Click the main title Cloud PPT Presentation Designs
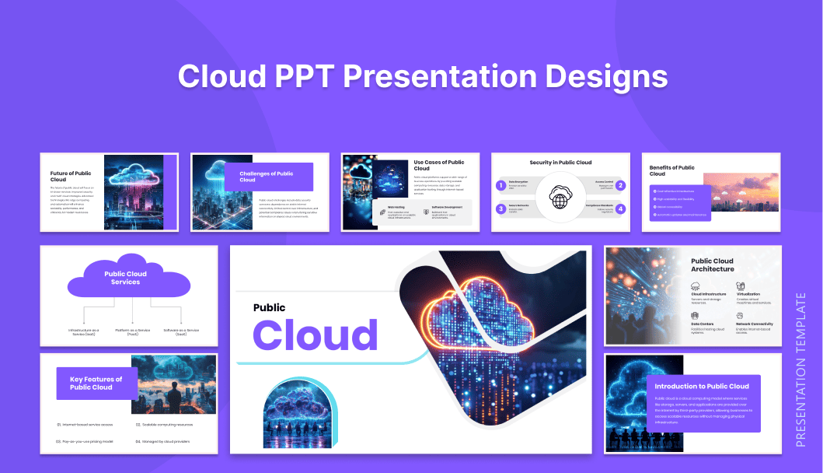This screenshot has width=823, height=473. pos(422,77)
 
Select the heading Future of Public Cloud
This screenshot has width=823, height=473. pos(71,177)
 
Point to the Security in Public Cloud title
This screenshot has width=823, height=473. pos(560,163)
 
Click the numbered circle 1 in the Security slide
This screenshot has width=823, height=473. pos(501,186)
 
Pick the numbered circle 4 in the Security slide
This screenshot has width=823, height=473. pos(620,208)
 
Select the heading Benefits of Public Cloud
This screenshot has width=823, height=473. pos(672,170)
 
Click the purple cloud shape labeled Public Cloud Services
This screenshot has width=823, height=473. pos(126,278)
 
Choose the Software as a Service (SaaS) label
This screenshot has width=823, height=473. pos(181,332)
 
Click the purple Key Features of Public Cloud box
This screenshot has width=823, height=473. pos(96,384)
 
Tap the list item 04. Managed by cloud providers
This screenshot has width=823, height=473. pos(165,441)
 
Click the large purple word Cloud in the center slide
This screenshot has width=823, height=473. pos(315,335)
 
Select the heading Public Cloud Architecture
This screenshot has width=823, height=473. pos(713,265)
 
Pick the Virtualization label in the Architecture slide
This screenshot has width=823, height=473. pos(748,294)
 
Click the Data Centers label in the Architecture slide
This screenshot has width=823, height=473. pos(702,324)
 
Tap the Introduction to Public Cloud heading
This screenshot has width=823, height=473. pos(702,386)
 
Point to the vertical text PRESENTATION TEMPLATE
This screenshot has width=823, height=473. pos(801,370)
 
